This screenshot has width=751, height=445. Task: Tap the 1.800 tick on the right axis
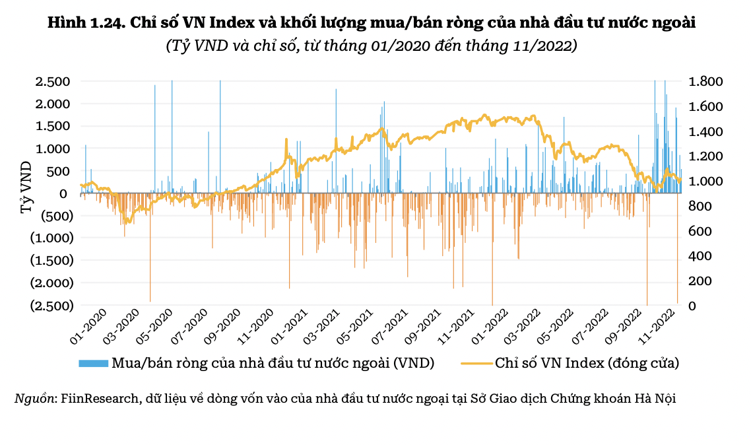point(705,82)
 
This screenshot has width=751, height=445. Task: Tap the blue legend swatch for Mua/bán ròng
point(94,363)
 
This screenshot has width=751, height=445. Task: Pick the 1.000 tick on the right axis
point(705,181)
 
